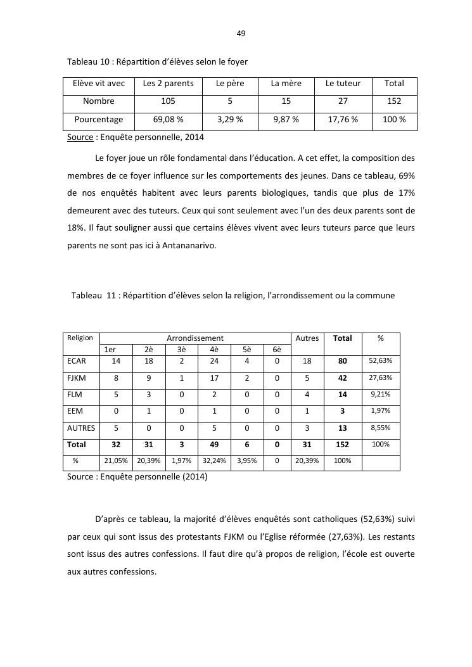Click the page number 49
click(241, 34)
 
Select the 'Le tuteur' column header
click(343, 84)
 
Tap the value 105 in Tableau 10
click(168, 101)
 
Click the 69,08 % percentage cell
click(168, 119)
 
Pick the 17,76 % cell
click(343, 119)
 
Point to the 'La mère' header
click(286, 84)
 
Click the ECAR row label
click(76, 360)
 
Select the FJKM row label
click(76, 378)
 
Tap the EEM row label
click(75, 411)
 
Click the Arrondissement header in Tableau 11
click(195, 338)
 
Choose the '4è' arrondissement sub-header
click(214, 349)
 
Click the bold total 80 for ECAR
click(343, 360)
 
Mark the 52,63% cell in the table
click(380, 360)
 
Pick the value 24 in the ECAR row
click(214, 360)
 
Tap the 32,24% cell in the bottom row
click(214, 461)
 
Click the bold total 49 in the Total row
click(214, 445)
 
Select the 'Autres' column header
click(307, 338)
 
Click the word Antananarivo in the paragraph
click(189, 246)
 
